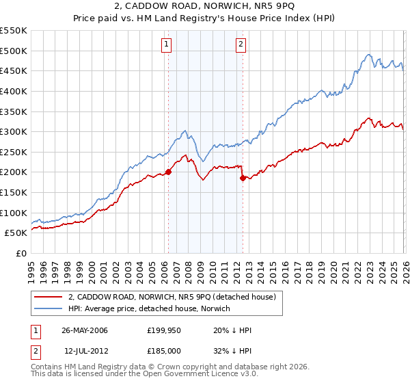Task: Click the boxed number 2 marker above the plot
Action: coord(241,45)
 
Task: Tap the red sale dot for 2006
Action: coord(168,172)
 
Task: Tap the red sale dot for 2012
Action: coord(243,179)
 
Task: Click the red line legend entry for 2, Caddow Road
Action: coord(171,297)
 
